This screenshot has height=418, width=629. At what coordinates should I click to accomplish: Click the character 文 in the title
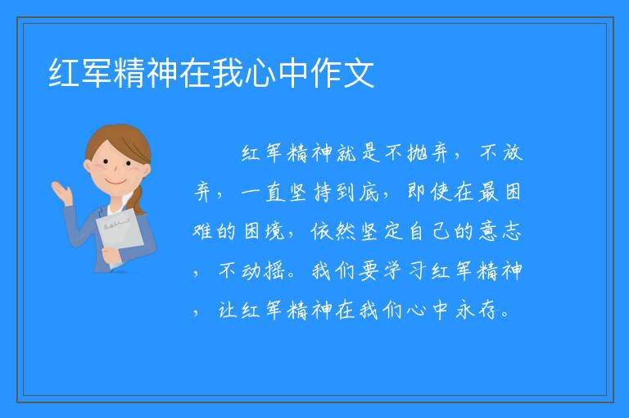359,73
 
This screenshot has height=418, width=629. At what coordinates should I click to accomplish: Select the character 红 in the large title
64,73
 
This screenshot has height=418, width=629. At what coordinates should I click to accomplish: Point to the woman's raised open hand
61,193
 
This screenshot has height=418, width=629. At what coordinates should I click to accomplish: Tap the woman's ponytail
138,199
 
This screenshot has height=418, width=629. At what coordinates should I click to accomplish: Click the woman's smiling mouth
116,182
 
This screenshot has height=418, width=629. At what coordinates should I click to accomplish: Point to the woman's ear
88,166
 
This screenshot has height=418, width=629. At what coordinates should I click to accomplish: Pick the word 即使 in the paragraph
429,192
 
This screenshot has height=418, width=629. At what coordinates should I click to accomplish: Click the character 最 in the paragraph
489,192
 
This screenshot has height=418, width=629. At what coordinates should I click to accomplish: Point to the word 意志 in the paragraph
500,231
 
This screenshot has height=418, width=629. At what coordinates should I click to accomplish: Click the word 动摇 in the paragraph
264,270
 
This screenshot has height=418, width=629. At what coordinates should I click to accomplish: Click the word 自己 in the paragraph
429,231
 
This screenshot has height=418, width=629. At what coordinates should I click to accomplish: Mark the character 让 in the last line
228,310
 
